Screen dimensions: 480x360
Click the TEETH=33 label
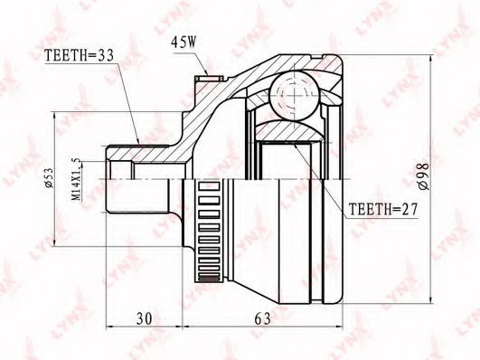[x=79, y=55]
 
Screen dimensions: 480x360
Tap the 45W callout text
[x=184, y=43]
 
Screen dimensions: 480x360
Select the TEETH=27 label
[x=383, y=210]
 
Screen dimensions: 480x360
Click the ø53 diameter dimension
[x=49, y=177]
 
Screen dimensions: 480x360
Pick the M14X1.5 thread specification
[x=76, y=179]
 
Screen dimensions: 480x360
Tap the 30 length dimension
[x=145, y=319]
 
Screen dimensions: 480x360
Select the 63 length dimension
[x=263, y=319]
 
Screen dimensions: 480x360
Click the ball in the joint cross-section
[x=294, y=96]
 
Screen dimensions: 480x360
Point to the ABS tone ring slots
[x=210, y=232]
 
